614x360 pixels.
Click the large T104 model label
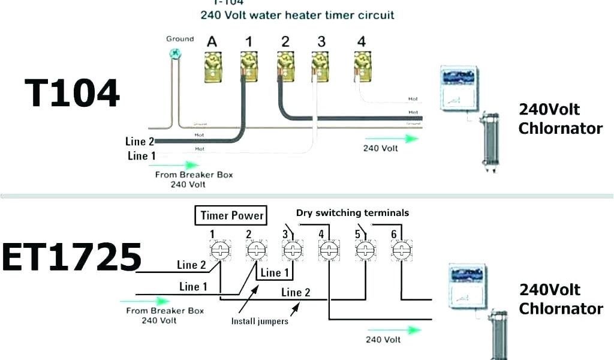[72, 94]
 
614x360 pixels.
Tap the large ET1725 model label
[71, 258]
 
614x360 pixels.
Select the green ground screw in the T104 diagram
[175, 53]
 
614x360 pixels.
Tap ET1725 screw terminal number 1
[220, 250]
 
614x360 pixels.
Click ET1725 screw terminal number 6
[400, 250]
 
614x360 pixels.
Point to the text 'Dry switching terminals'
[353, 212]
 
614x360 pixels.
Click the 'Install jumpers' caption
[260, 321]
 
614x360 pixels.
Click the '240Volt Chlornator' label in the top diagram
[560, 119]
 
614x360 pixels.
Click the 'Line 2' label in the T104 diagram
[140, 142]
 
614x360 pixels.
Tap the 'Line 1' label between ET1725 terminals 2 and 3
[274, 273]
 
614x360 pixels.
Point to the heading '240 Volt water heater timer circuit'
[297, 14]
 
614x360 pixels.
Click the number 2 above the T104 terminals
[285, 41]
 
